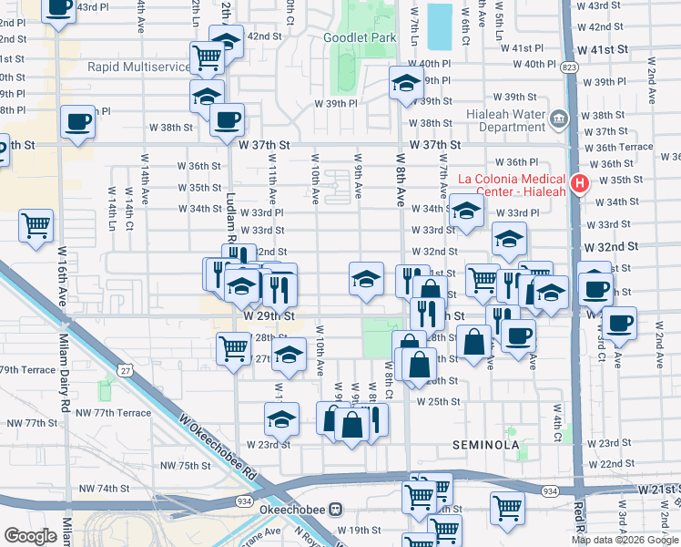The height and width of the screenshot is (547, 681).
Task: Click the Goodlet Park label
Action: click(360, 37)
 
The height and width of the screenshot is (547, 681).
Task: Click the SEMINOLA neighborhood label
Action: click(485, 445)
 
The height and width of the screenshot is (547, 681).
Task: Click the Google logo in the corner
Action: click(30, 536)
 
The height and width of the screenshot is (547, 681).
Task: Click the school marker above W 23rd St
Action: click(281, 419)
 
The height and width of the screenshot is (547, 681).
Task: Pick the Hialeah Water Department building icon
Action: click(557, 117)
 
